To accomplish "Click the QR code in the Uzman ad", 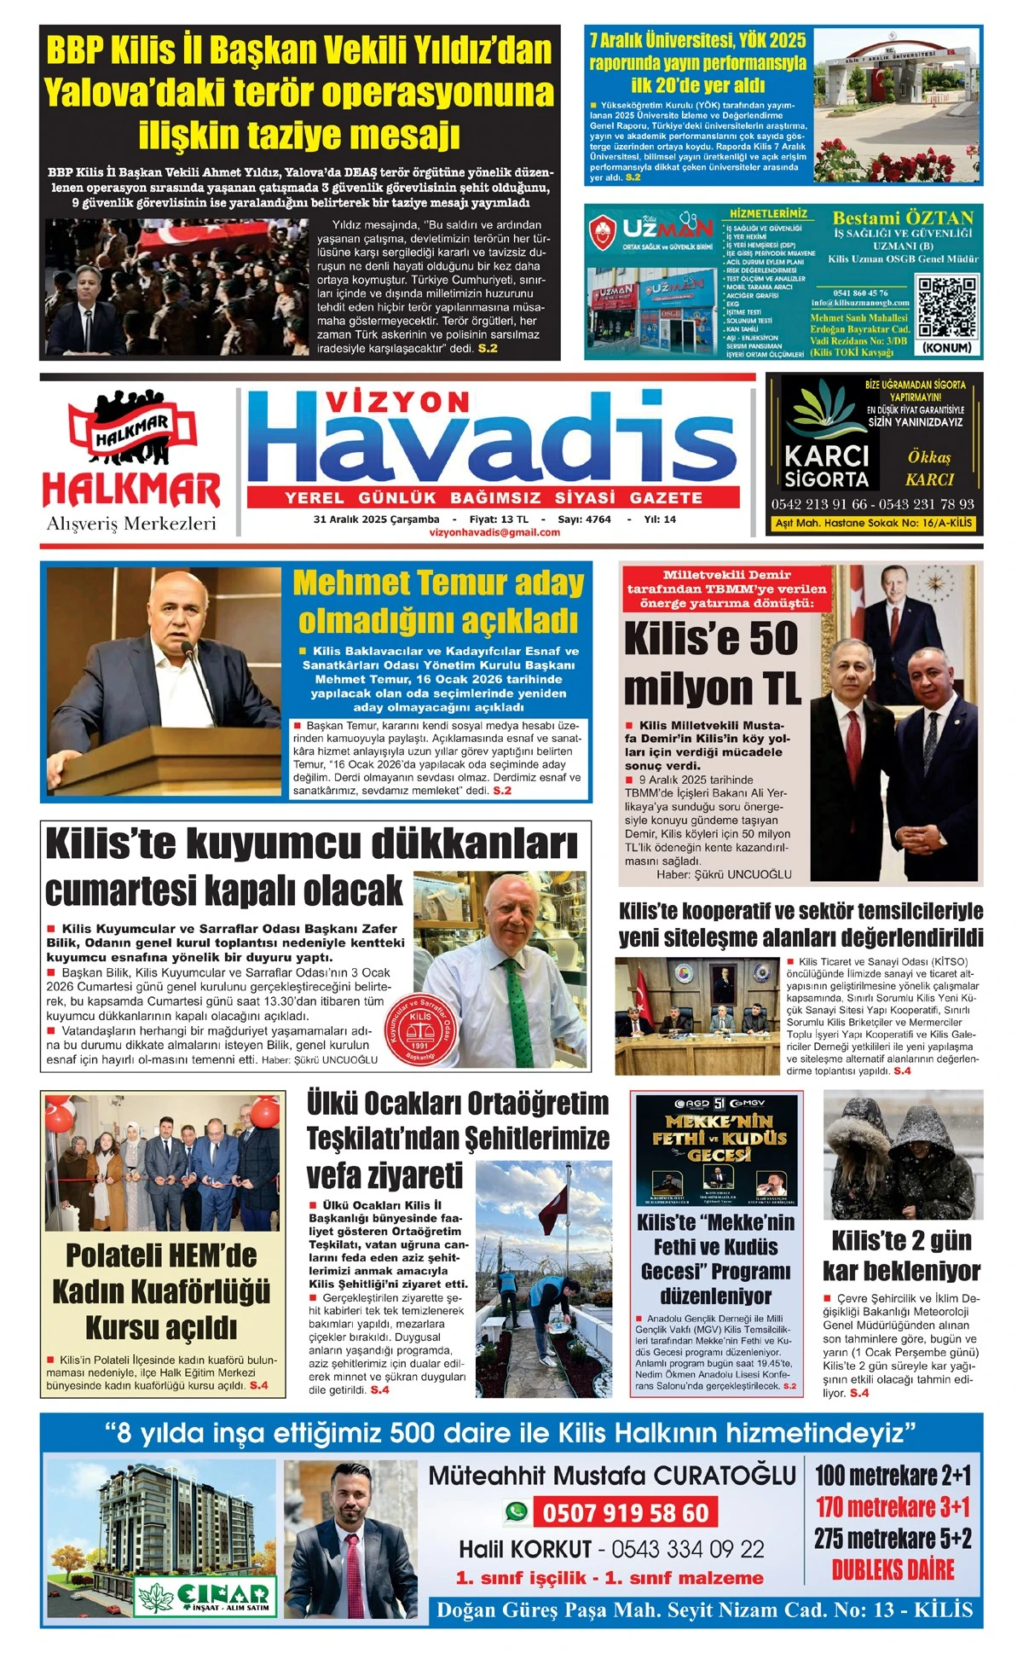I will (x=946, y=308).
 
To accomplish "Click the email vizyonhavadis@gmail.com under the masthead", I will (x=495, y=532).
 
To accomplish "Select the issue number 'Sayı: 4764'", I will (x=584, y=519).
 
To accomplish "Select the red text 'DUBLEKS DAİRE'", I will (x=893, y=1569).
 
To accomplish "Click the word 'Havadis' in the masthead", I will (x=494, y=448).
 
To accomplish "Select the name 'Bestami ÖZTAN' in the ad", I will (x=902, y=217).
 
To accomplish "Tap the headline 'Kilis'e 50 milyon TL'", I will (x=712, y=663).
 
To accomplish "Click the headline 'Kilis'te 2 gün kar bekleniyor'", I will (x=901, y=1255).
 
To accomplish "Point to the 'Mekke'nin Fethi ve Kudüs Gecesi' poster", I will (x=716, y=1150).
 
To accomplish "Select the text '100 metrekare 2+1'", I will (x=893, y=1475).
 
